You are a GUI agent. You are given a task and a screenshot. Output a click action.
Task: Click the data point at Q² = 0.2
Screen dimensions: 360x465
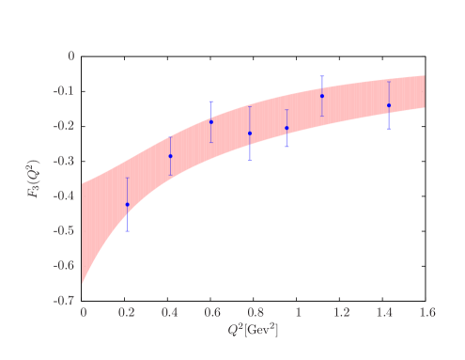coord(127,204)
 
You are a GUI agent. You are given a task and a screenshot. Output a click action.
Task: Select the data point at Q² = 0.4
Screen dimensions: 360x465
coord(170,156)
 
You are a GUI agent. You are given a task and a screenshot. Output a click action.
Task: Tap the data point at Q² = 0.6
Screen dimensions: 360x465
coord(211,122)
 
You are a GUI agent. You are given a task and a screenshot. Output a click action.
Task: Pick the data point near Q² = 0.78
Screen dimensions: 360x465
coord(250,133)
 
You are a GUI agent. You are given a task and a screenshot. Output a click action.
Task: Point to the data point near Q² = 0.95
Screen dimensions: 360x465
coord(287,128)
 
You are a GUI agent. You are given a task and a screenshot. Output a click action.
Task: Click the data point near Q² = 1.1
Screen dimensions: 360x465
coord(322,96)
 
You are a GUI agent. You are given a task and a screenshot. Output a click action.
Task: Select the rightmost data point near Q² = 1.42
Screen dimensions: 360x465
coord(389,105)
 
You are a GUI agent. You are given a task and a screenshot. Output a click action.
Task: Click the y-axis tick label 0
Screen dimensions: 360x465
coord(70,56)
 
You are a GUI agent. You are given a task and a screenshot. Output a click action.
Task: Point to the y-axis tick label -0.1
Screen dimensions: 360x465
coord(65,91)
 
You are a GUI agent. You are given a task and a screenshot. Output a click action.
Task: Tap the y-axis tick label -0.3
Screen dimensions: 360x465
coord(65,162)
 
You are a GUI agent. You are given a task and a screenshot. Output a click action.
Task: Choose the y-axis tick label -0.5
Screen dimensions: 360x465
coord(65,231)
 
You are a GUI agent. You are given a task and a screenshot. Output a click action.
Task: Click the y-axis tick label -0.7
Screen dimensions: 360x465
coord(65,301)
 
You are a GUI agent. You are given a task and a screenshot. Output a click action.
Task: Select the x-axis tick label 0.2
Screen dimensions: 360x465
coord(127,312)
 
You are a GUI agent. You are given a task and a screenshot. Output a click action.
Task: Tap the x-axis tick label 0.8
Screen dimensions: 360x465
coord(255,312)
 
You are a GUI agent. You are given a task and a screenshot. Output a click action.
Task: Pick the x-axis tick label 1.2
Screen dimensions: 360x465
coord(340,312)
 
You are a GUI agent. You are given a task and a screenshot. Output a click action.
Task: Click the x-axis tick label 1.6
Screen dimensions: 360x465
coord(426,312)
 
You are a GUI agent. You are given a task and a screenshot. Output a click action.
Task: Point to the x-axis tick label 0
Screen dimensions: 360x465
coord(84,312)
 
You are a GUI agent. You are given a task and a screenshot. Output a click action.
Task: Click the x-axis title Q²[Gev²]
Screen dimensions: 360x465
coord(253,331)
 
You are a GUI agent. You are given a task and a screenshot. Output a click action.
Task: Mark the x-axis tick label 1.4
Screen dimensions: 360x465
coord(383,312)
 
